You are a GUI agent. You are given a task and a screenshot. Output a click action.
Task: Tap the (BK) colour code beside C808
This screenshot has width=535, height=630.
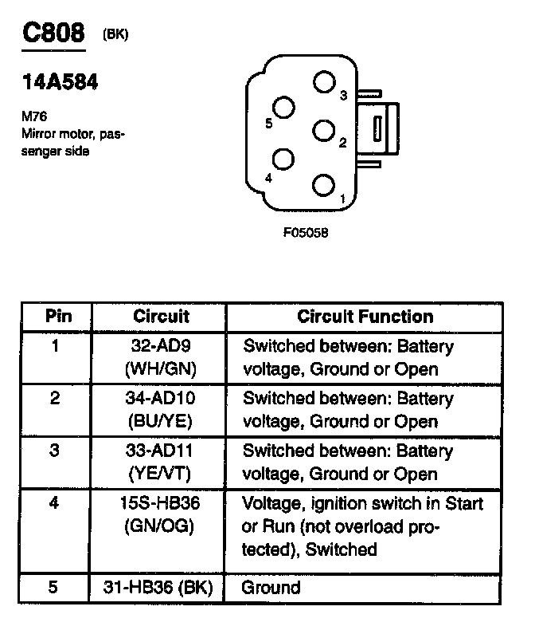click(x=115, y=35)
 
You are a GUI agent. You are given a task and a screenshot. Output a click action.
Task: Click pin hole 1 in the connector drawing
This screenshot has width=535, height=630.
click(x=322, y=186)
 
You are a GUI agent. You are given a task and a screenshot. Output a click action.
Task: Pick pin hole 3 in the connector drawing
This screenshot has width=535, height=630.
click(x=323, y=82)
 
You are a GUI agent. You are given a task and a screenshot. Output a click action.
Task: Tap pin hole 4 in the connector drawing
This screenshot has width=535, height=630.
click(x=283, y=159)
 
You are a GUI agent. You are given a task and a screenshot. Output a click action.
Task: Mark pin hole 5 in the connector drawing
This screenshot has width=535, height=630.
click(x=284, y=107)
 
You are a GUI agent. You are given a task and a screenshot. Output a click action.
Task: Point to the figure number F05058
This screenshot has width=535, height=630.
click(x=306, y=234)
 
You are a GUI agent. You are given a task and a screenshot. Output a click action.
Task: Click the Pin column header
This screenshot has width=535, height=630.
click(x=56, y=317)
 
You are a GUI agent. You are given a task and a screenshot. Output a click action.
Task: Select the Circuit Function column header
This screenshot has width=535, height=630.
click(x=365, y=317)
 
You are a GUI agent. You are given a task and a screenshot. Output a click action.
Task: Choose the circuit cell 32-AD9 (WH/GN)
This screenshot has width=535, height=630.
click(x=161, y=358)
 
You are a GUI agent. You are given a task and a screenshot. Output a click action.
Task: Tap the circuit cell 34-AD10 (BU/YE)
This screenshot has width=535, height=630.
click(x=161, y=410)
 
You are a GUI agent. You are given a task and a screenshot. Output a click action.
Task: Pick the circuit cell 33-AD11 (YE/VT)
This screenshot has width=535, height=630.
click(x=161, y=462)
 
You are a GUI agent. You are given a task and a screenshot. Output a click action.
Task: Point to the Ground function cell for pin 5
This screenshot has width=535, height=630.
click(x=271, y=588)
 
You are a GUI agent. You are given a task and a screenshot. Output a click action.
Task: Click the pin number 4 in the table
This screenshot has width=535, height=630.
click(x=55, y=504)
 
